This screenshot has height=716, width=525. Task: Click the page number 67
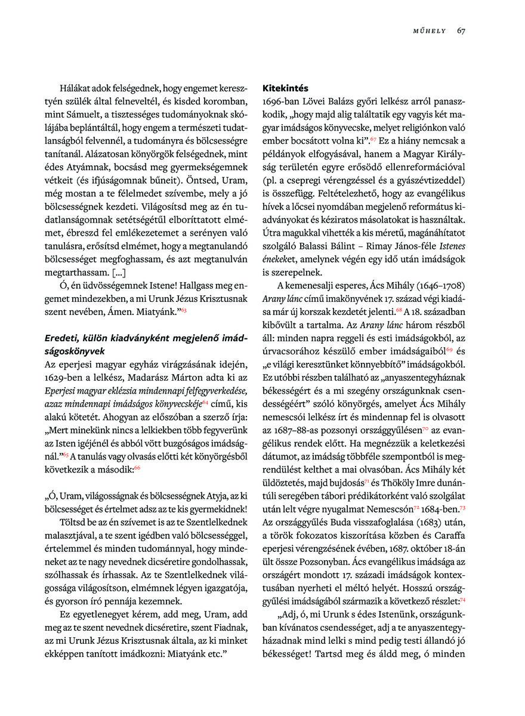[x=461, y=31]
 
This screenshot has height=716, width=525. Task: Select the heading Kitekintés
[x=287, y=88]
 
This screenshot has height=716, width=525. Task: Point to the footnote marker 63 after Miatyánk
[x=184, y=310]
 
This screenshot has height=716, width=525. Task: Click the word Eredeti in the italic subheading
[x=62, y=338]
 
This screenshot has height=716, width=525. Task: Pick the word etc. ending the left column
[x=214, y=654]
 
